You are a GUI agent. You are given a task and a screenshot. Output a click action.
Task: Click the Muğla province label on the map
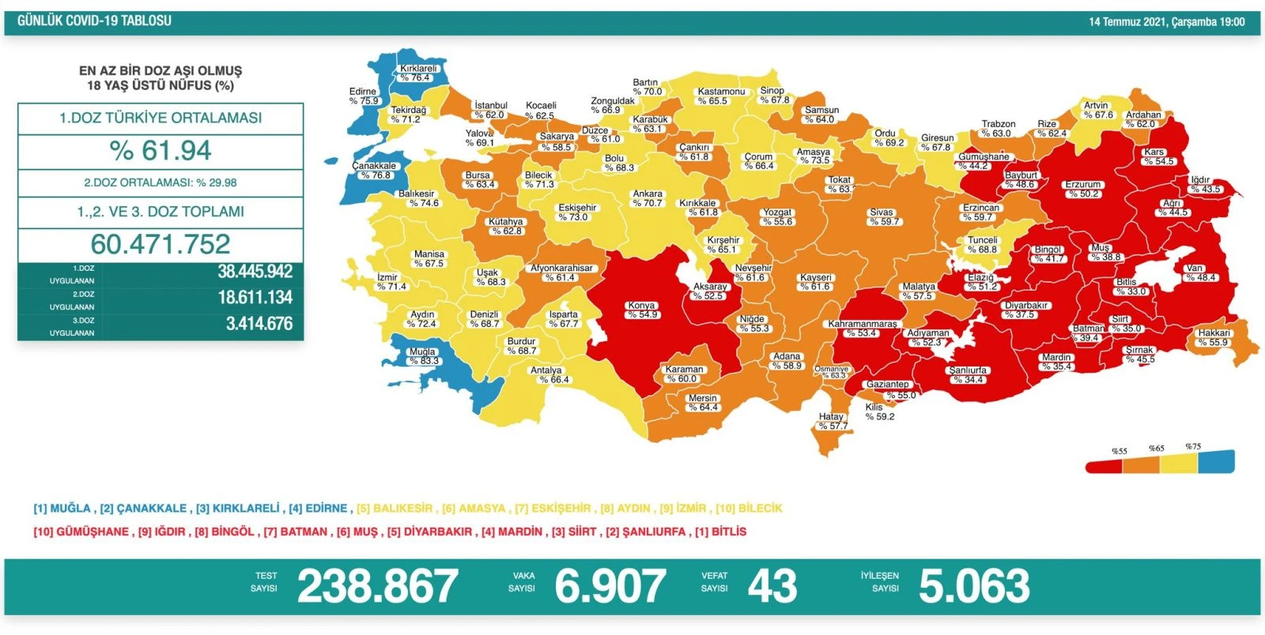click(x=423, y=356)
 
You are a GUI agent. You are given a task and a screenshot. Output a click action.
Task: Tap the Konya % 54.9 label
click(x=642, y=310)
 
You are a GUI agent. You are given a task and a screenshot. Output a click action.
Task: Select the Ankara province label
click(x=648, y=198)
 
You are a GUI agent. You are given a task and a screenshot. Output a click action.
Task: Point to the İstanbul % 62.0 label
click(x=490, y=110)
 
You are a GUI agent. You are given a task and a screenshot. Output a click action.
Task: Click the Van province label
click(x=1195, y=272)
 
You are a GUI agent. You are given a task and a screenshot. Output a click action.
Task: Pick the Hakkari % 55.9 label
click(x=1213, y=337)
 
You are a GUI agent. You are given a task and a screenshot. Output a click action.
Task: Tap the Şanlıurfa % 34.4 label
click(x=968, y=374)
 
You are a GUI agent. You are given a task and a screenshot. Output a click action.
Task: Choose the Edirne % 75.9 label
click(x=363, y=96)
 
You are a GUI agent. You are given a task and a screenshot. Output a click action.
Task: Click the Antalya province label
click(x=547, y=374)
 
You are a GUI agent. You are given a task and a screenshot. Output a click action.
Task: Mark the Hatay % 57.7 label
click(x=832, y=421)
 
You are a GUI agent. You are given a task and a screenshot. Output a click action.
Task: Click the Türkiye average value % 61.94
click(x=160, y=151)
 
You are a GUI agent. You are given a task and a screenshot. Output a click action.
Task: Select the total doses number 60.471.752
click(x=160, y=244)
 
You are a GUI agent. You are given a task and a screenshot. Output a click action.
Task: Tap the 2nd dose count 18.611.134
click(x=255, y=298)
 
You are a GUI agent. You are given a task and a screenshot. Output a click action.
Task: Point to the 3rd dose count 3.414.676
click(x=259, y=324)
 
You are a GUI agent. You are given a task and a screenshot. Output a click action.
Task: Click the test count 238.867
click(x=377, y=586)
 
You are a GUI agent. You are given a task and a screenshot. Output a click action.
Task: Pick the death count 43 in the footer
click(x=772, y=586)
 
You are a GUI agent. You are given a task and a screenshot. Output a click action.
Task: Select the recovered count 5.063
click(x=973, y=586)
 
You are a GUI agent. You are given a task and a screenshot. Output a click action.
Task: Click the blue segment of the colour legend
click(x=1216, y=461)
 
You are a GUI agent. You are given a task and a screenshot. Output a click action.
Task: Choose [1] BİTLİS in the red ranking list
click(x=720, y=532)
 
